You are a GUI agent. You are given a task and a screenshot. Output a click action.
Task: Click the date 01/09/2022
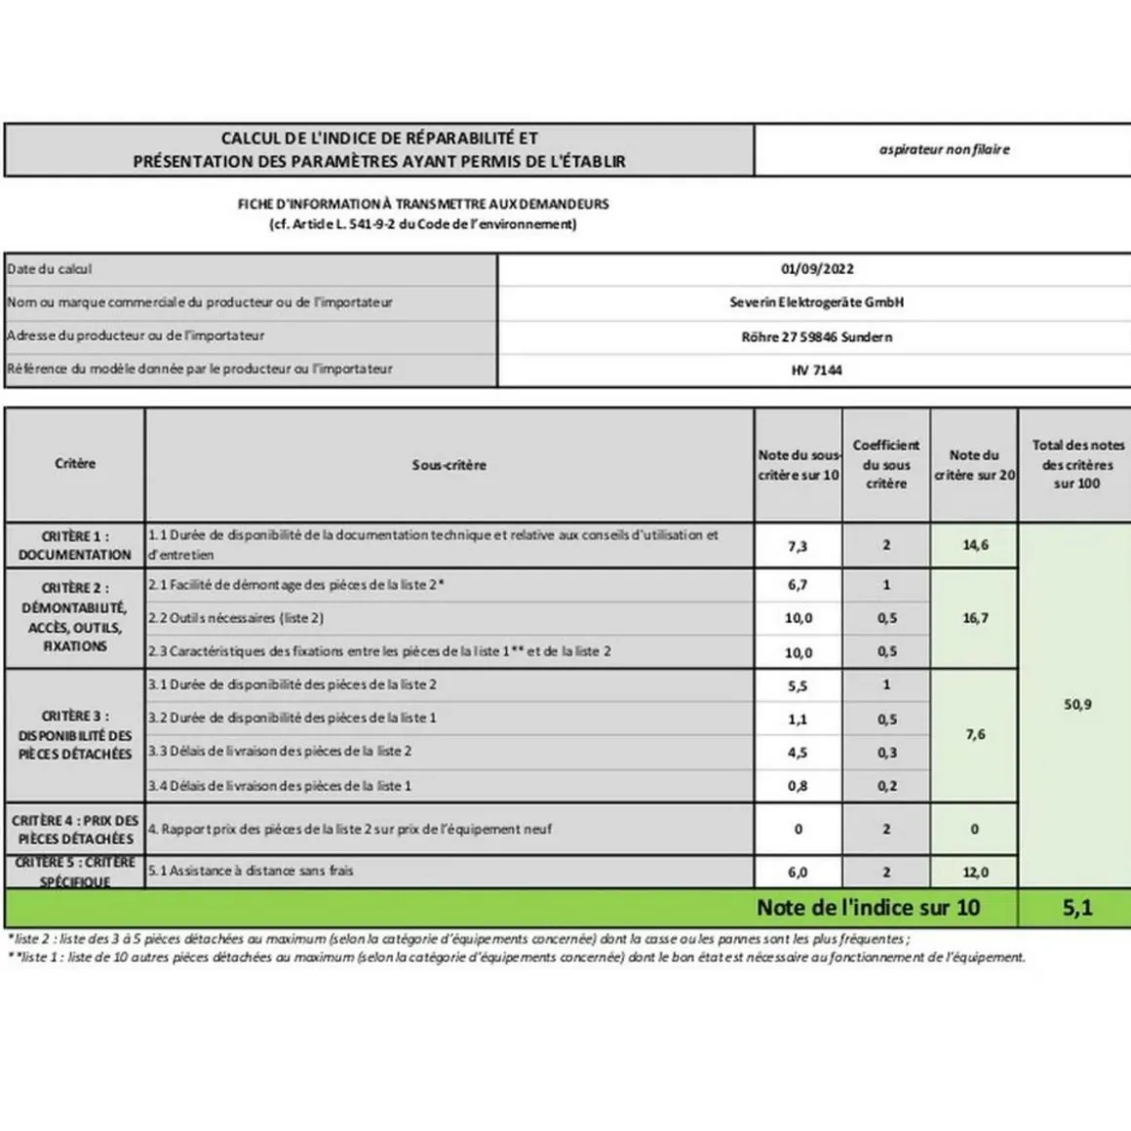pos(817,269)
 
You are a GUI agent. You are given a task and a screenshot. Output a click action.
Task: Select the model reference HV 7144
pos(817,370)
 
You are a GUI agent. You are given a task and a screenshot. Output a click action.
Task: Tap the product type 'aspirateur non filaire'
pos(944,149)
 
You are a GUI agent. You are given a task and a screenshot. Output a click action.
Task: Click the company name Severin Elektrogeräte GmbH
pos(817,302)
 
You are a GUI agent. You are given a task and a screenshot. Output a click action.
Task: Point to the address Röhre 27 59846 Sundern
pos(817,337)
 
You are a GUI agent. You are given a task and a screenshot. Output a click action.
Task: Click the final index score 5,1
pos(1077,908)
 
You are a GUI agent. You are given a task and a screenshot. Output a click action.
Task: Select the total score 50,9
pos(1077,704)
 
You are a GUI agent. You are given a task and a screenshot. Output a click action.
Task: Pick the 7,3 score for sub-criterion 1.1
pos(798,546)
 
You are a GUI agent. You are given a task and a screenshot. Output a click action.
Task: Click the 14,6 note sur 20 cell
pos(975,545)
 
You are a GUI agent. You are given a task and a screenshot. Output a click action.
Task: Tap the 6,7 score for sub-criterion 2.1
pos(798,585)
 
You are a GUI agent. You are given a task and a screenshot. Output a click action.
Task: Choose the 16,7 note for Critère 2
pos(975,618)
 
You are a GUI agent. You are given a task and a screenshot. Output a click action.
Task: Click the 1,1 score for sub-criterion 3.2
pos(798,720)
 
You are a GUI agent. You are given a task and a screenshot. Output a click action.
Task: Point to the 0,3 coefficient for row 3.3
pos(886,753)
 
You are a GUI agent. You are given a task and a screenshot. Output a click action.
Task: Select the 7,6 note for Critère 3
pos(975,735)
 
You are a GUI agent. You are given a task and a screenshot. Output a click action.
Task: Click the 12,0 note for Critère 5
pos(975,873)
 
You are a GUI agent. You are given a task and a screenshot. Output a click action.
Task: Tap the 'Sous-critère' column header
pos(448,465)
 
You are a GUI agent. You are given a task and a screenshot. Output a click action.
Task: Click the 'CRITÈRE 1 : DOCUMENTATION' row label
pos(75,545)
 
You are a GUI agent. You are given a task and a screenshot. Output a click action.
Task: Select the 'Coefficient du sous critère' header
pos(886,464)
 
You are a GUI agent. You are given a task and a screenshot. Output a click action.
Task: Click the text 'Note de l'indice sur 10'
pos(868,908)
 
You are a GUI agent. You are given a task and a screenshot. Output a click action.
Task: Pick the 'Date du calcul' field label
pos(50,269)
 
